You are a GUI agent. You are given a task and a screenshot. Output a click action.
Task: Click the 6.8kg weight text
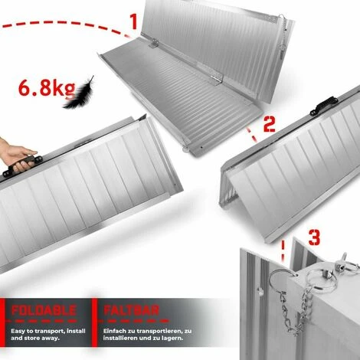point(42,89)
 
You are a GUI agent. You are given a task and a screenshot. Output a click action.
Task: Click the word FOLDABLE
point(44,310)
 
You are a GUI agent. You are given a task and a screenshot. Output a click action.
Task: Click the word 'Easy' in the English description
point(20,330)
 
